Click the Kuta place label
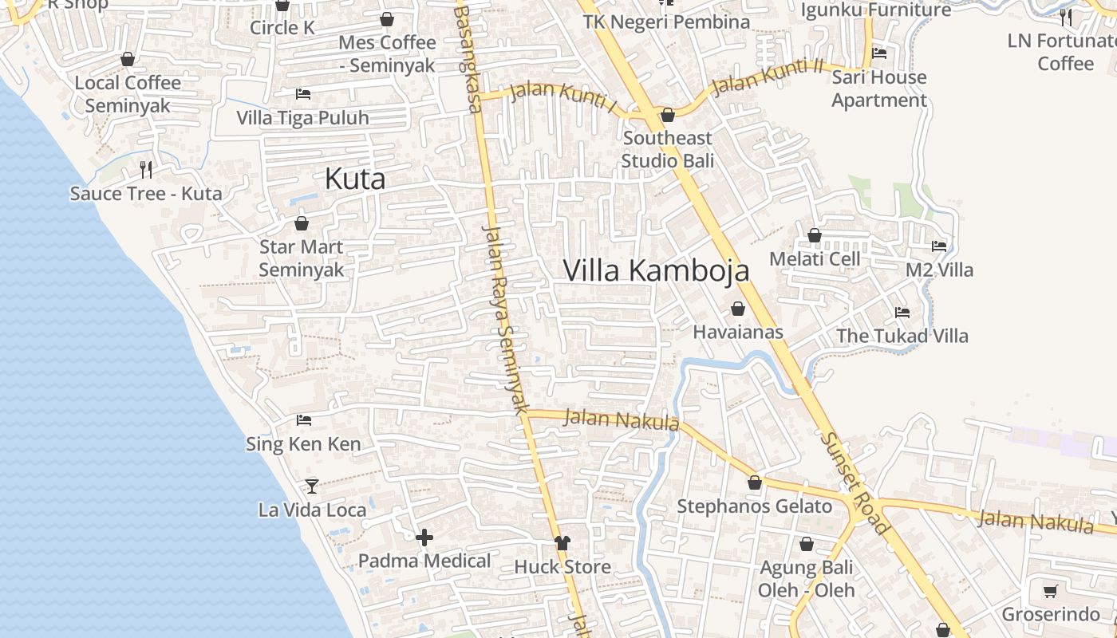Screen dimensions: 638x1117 click(x=355, y=179)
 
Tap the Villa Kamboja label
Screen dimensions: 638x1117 click(x=656, y=270)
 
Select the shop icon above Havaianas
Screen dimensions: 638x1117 click(x=738, y=309)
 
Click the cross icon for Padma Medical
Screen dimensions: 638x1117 click(x=424, y=538)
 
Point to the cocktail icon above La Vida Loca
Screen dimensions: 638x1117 click(x=312, y=486)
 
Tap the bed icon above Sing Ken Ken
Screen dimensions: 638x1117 click(x=303, y=420)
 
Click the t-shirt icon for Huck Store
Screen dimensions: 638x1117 click(x=562, y=543)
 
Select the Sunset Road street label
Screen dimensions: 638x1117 click(x=855, y=483)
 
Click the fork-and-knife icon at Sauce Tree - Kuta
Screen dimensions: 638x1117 click(x=145, y=169)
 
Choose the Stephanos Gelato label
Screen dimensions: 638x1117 click(x=754, y=506)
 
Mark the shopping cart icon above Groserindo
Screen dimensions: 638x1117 click(x=1050, y=592)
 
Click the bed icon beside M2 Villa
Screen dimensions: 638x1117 click(x=939, y=246)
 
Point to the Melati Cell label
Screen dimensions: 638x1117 click(x=815, y=259)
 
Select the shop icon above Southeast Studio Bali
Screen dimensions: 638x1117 click(x=668, y=116)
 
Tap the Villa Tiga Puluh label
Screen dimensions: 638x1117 click(x=302, y=118)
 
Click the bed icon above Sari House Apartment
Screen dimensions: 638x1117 click(x=879, y=53)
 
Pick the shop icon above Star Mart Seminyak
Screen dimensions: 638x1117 click(x=302, y=224)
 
